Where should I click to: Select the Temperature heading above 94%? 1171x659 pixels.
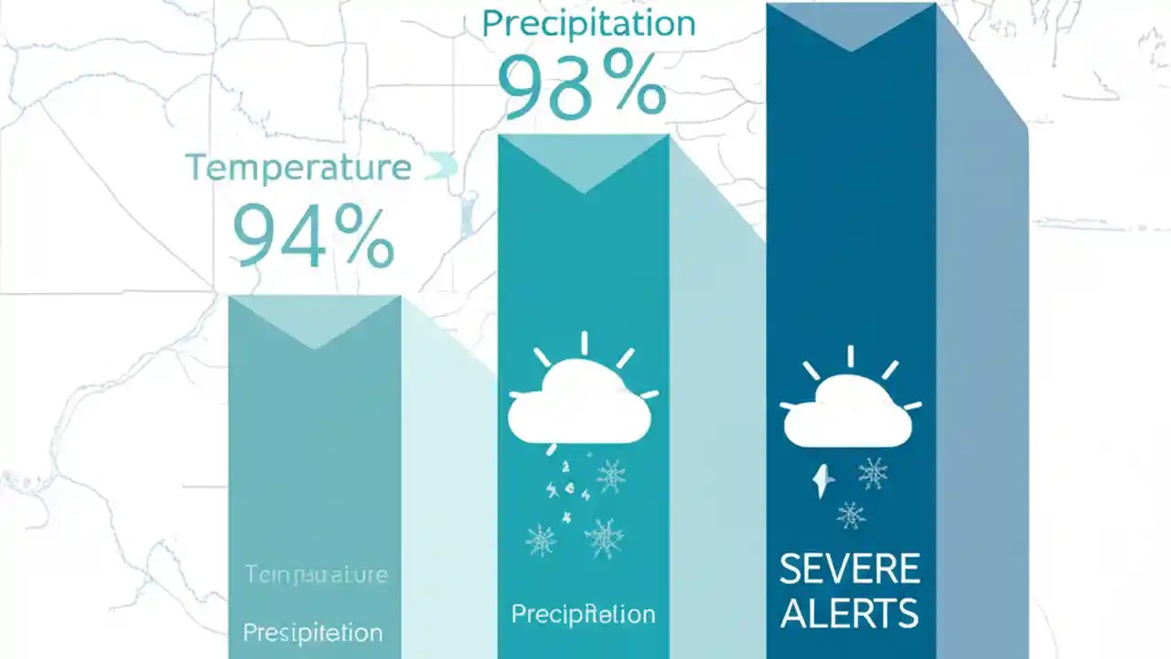tap(298, 167)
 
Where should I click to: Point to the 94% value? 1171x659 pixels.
tap(313, 235)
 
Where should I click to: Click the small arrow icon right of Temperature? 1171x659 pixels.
tap(441, 167)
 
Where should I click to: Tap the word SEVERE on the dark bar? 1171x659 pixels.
tap(850, 569)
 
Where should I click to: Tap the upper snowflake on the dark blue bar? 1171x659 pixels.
tap(873, 473)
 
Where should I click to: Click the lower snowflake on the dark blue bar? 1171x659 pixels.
tap(851, 514)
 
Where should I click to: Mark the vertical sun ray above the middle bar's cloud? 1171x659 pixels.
tap(584, 343)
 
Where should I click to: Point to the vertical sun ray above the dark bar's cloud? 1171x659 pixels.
tap(850, 356)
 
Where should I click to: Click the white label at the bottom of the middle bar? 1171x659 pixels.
tap(583, 614)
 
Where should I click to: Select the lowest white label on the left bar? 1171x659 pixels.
tap(312, 632)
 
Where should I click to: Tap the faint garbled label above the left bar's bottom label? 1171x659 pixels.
tap(317, 575)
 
